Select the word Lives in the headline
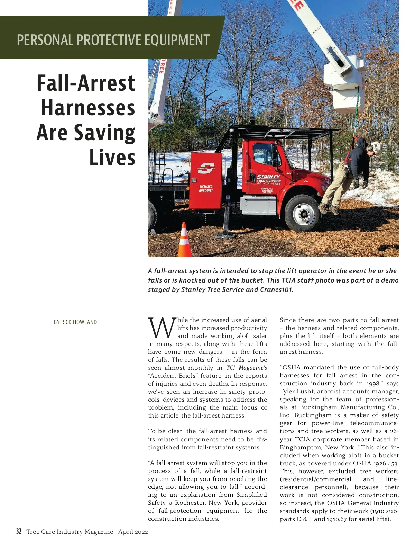coord(112,158)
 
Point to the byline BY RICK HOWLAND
coord(75,322)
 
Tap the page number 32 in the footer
coord(19,531)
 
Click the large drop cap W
coord(162,328)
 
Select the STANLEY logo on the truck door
coord(268,177)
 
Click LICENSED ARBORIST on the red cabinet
coord(206,189)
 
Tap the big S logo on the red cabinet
coord(206,169)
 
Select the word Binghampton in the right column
coord(301,447)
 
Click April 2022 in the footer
coord(133,532)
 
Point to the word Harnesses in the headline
coord(88,108)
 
